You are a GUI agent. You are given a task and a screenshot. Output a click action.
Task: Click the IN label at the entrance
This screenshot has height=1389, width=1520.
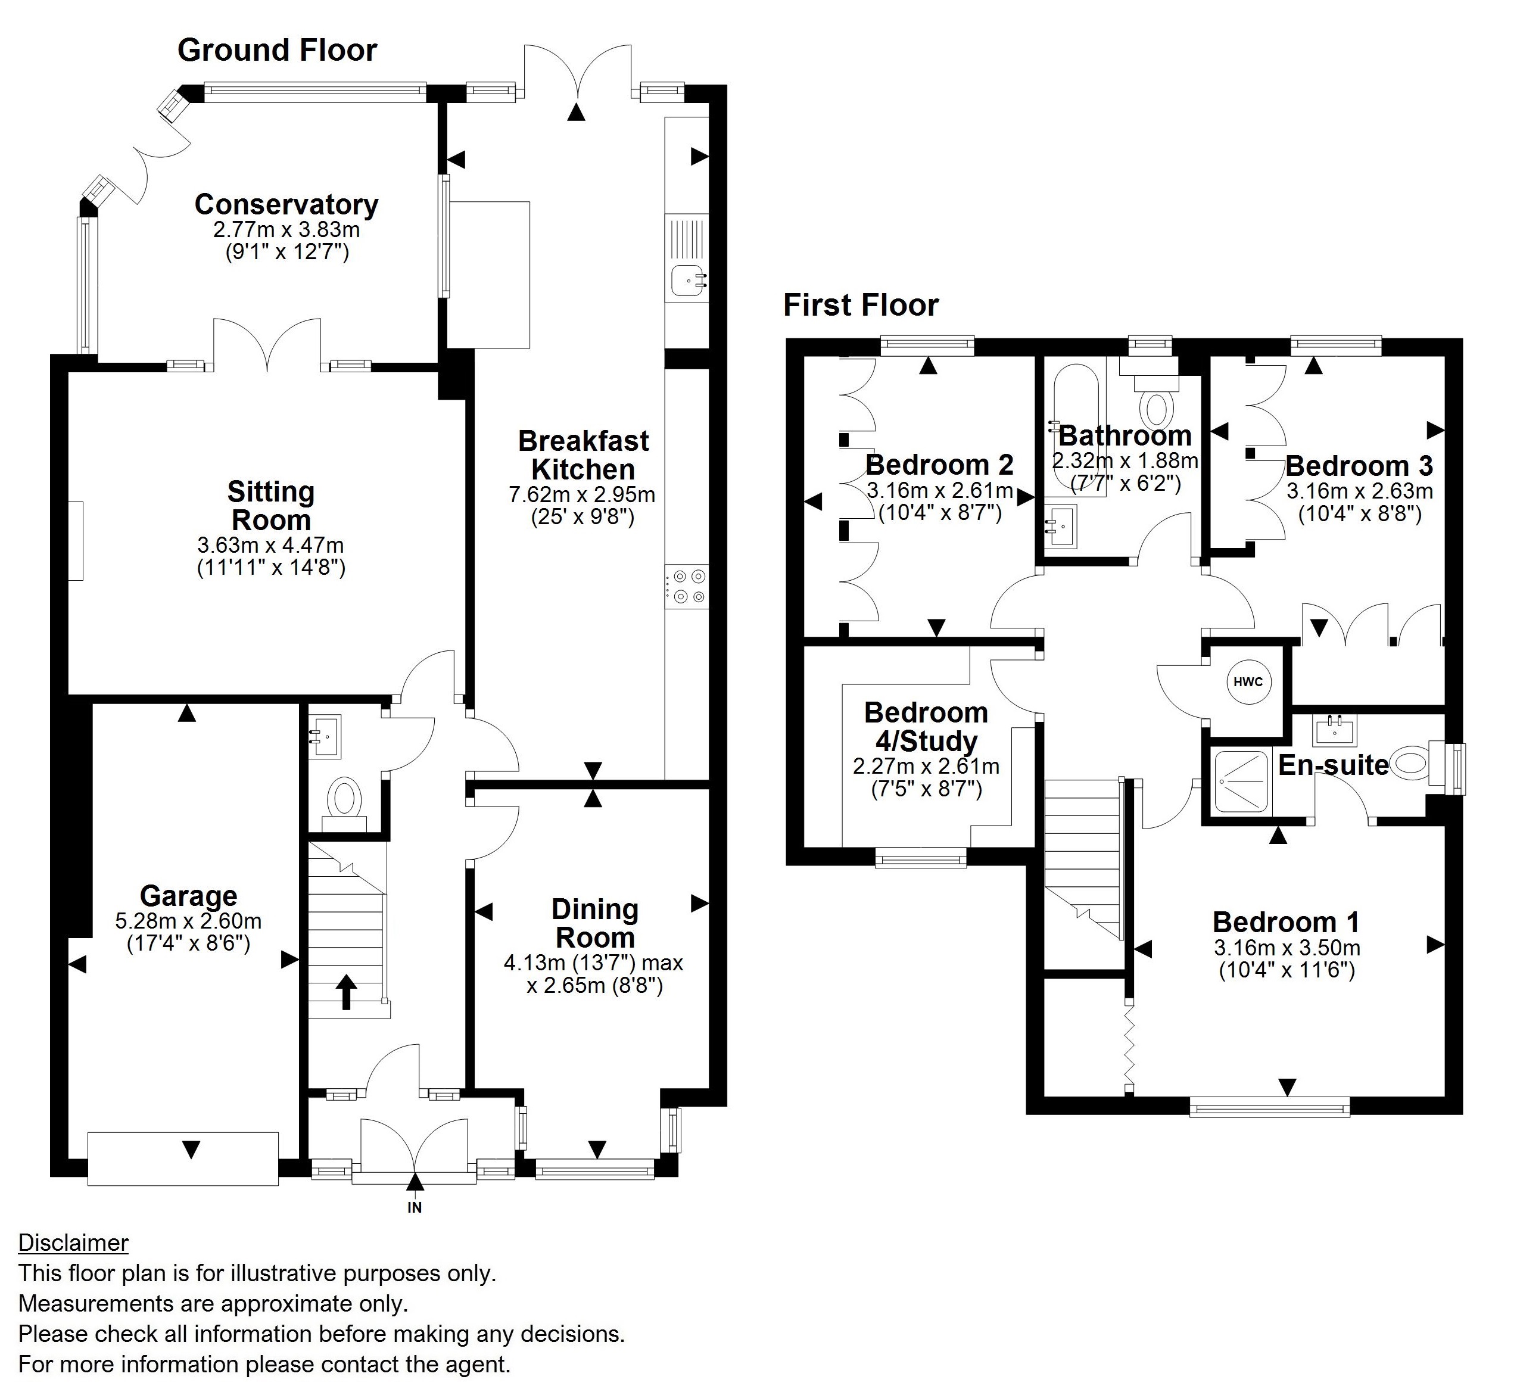415,1207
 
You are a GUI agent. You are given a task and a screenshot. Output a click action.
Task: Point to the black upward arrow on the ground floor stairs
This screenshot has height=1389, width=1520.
346,992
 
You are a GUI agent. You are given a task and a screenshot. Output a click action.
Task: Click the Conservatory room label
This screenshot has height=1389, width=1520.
286,204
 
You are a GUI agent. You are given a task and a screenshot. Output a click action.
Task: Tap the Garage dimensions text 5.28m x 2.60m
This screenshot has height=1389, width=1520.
188,921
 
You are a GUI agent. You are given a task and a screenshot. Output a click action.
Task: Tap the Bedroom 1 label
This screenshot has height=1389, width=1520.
1287,922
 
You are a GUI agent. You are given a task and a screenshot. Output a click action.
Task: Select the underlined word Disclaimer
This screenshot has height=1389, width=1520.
73,1242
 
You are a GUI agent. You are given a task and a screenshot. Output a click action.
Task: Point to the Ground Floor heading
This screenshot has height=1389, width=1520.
277,51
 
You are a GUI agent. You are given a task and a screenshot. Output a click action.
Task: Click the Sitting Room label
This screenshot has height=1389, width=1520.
270,505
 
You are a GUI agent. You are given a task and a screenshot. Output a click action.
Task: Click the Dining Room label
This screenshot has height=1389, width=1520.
595,923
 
